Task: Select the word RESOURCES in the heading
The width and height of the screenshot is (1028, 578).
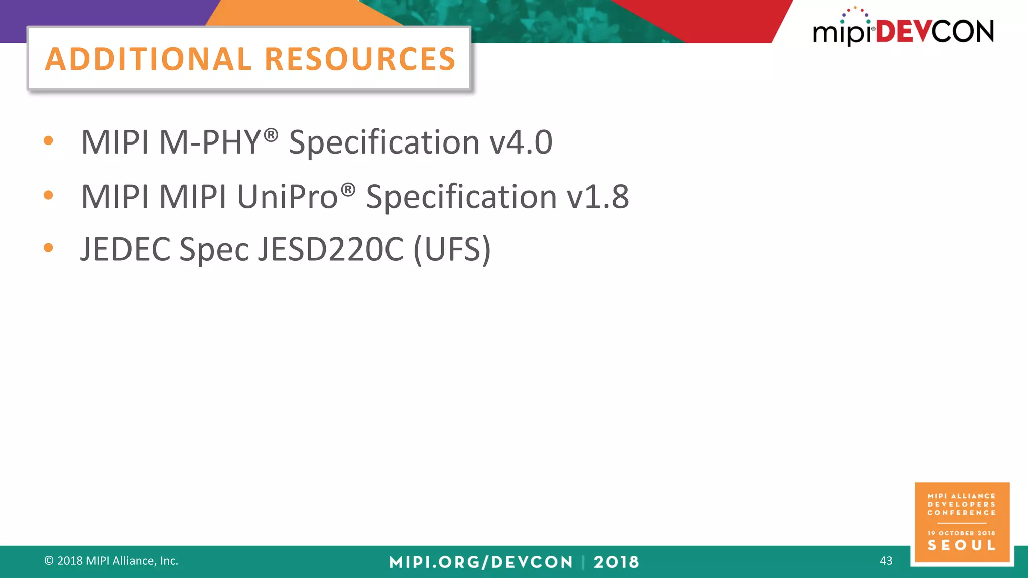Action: [360, 59]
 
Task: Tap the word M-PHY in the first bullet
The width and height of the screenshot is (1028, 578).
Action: [209, 142]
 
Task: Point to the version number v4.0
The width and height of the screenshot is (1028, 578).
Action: [521, 142]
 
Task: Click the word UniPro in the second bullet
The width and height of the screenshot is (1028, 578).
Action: [288, 196]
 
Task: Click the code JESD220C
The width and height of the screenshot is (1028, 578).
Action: [330, 249]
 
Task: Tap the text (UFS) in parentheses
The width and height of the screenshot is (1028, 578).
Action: [452, 249]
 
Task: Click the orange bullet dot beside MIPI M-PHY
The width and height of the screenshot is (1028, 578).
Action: [48, 141]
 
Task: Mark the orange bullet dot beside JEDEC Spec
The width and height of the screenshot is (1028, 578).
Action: [48, 248]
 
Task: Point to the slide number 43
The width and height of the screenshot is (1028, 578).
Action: [886, 561]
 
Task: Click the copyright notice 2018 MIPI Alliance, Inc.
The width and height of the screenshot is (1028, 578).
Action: [111, 561]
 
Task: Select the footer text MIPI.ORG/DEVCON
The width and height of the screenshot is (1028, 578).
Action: [480, 562]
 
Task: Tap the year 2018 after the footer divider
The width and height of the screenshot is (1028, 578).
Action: [616, 562]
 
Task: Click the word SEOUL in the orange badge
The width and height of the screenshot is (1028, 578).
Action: [961, 545]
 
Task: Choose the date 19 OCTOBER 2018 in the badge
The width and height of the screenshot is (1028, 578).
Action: [961, 533]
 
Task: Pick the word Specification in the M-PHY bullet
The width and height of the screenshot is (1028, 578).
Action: [384, 142]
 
